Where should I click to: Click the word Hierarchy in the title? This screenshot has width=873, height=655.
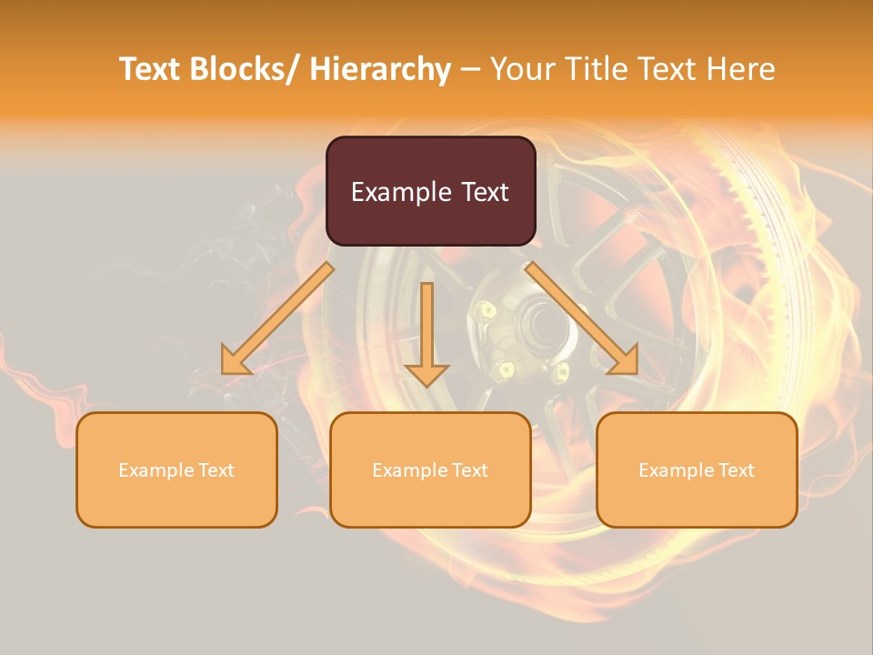coord(380,70)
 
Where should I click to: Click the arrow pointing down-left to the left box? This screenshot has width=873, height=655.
coord(277,318)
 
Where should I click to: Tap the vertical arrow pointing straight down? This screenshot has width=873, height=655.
coord(426,332)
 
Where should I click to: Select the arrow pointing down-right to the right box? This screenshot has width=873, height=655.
coord(582,318)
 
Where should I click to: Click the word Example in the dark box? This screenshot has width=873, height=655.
coord(400,192)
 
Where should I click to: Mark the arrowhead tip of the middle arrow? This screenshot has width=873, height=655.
coord(426,386)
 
